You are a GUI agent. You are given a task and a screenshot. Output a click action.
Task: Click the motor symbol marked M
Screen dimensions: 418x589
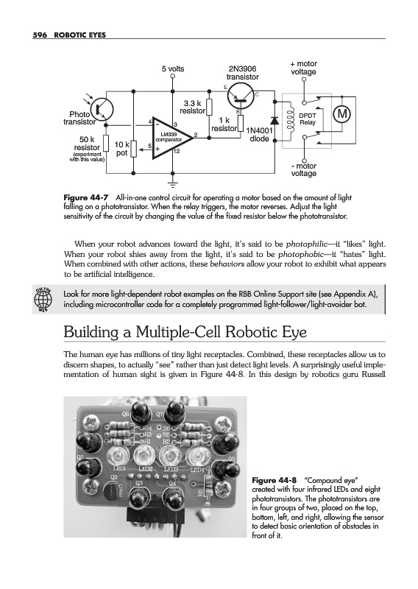tap(341, 114)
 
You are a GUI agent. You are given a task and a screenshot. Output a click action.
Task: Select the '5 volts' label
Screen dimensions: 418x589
tap(173, 68)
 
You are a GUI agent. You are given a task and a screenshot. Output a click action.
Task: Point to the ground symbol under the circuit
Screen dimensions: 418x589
tap(173, 185)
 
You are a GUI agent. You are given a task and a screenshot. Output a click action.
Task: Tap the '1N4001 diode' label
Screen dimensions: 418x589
tap(260, 135)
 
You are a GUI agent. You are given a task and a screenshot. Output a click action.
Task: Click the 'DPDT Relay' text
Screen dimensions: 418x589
tap(308, 119)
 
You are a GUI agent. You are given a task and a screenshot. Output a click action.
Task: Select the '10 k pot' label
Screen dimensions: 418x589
tap(122, 149)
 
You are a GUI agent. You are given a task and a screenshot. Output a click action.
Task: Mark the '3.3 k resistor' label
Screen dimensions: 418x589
tap(192, 107)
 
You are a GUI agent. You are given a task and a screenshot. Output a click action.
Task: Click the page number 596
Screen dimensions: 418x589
tap(40, 35)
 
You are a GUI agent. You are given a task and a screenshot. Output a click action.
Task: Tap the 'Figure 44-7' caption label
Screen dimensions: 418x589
tap(86, 197)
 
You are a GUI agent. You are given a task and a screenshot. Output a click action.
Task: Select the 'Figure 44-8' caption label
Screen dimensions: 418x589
tap(274, 480)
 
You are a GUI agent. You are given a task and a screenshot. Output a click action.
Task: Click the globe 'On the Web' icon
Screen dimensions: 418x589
tap(43, 299)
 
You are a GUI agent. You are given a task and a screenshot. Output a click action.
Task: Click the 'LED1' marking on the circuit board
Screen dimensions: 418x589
tap(119, 469)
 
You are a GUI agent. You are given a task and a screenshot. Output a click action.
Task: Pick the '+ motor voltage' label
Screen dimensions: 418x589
tap(303, 68)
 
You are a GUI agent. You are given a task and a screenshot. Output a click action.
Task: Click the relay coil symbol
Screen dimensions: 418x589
tap(289, 120)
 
